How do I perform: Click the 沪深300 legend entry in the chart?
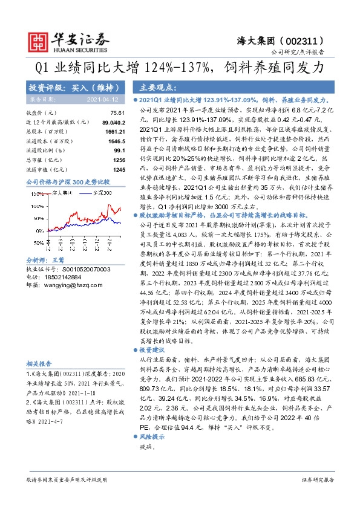point(102,192)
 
